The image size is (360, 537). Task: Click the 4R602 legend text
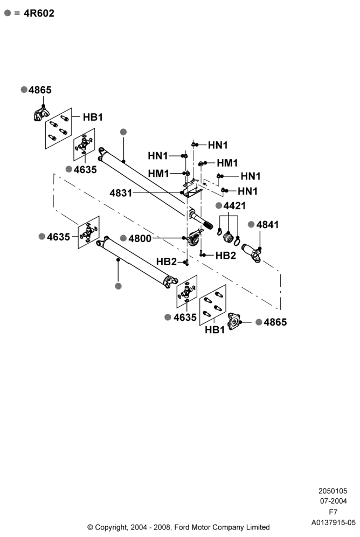coord(39,13)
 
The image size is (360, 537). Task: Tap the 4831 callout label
coord(121,193)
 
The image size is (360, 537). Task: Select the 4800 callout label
coord(140,238)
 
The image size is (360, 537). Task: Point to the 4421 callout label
coord(235,206)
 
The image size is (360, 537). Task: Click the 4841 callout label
coord(268,225)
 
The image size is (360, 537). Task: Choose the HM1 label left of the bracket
coord(158,174)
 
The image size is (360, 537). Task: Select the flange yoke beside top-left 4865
coord(41,114)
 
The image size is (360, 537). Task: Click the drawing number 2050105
coord(333,491)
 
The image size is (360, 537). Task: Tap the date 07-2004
coord(333,501)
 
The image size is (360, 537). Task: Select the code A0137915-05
coord(333,522)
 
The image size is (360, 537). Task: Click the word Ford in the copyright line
coord(182,527)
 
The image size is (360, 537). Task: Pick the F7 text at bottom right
coord(333,512)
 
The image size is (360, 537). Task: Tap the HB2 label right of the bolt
coord(226,256)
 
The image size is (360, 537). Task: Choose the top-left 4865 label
coord(40,90)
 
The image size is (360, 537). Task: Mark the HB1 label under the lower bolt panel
coord(215,330)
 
